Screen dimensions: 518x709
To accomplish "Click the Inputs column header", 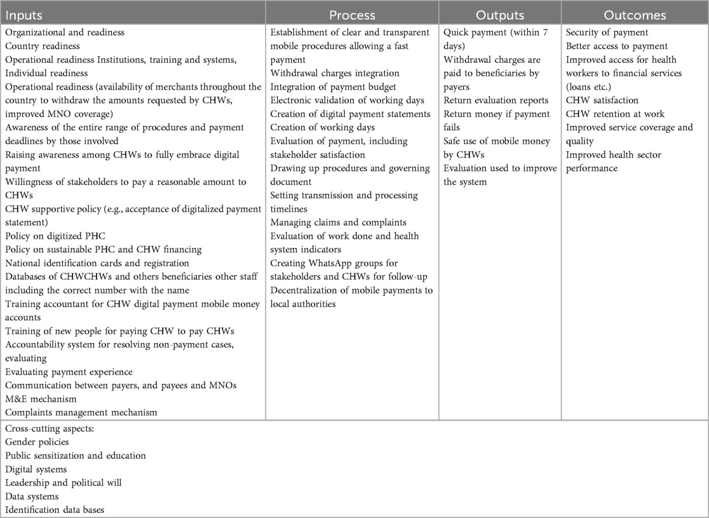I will (x=24, y=14).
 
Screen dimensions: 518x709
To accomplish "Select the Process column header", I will (x=352, y=14).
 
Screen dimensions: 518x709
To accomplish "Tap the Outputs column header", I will (x=499, y=14).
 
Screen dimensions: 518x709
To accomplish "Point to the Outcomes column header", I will (x=635, y=14).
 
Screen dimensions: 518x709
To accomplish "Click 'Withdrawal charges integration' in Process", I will (x=335, y=73).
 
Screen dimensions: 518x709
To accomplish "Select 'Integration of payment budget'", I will (x=334, y=86).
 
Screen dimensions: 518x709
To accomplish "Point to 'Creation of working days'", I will (x=322, y=127).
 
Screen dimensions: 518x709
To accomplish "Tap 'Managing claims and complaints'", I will (x=338, y=222).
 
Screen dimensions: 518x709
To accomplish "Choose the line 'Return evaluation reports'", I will (x=496, y=100).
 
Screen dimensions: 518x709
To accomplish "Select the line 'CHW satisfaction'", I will (x=602, y=100).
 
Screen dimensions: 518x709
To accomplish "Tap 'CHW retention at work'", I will (x=615, y=114).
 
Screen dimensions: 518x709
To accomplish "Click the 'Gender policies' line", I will (x=37, y=441).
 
